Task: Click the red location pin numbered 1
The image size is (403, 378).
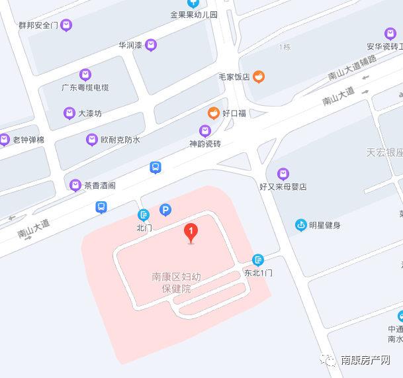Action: coord(191,232)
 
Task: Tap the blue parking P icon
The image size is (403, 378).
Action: coord(165,211)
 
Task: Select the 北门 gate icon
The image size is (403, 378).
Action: coord(144,214)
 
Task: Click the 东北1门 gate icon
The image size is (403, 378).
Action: coord(258,260)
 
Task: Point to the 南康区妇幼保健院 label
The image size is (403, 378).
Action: coord(177,283)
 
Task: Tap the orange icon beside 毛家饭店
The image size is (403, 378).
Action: coord(259,77)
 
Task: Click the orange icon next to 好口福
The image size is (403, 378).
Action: coord(214,113)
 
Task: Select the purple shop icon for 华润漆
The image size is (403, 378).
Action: coord(151,45)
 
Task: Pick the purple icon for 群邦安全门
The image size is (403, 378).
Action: coord(66,26)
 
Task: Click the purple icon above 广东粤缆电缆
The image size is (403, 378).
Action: coord(85,75)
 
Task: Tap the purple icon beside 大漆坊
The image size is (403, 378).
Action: coord(69,113)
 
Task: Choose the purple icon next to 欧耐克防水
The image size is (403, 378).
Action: coord(92,140)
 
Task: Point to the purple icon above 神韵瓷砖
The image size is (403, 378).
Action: coord(205,130)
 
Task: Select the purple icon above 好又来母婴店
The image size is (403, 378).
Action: coord(283,174)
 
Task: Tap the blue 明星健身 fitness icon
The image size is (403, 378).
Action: coord(301,225)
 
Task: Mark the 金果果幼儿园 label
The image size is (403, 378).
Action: coord(194,13)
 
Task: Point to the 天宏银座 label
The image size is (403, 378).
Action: coord(384,152)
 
